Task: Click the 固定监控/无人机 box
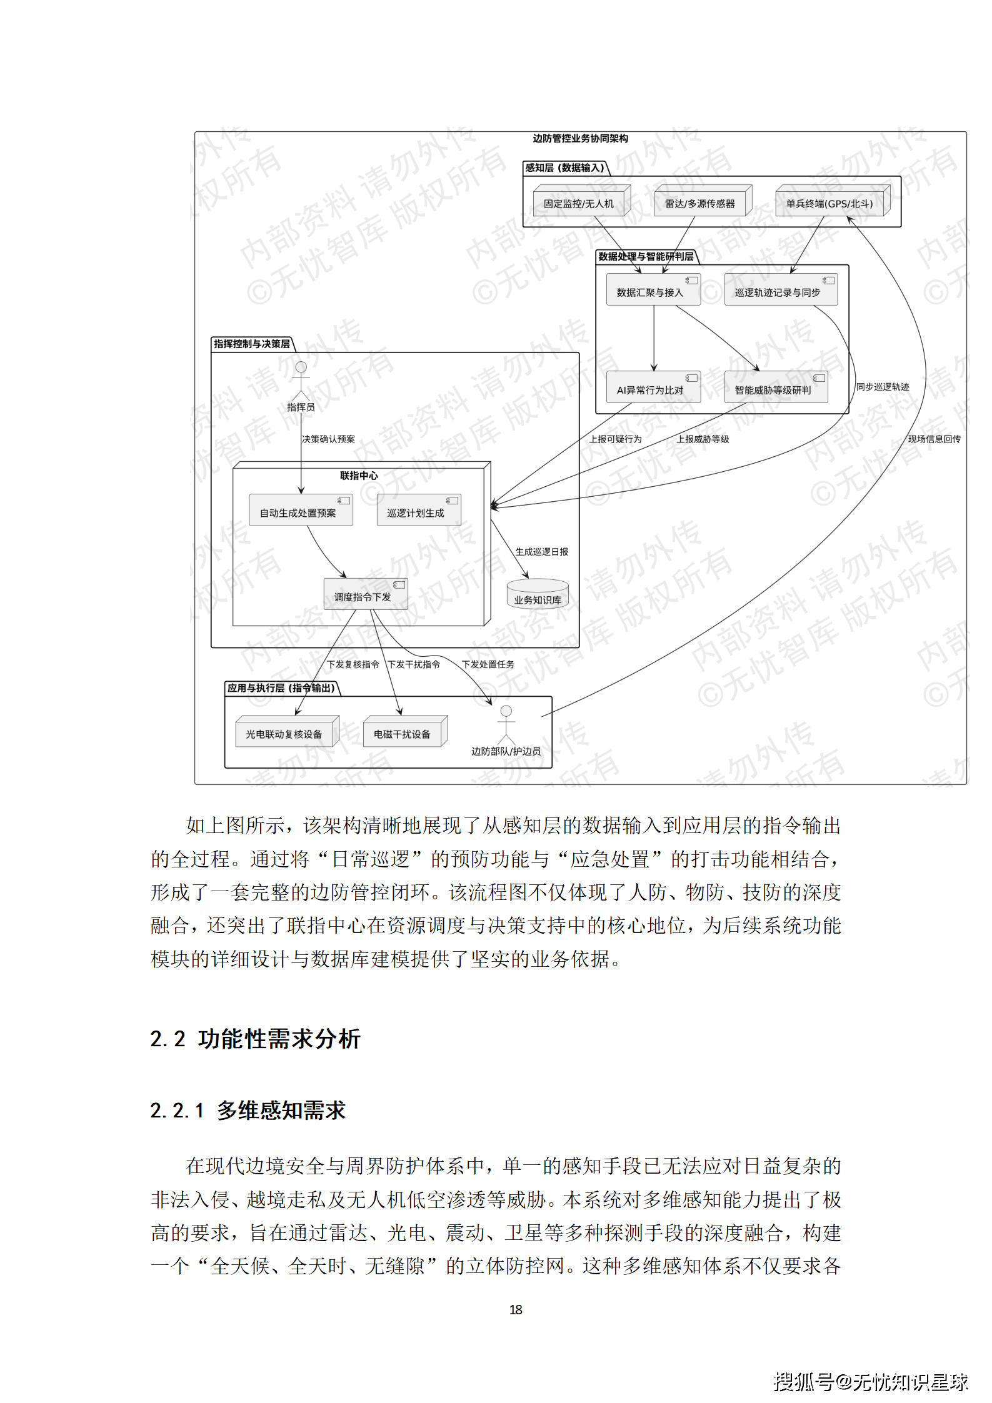[579, 204]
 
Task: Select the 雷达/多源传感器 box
[699, 204]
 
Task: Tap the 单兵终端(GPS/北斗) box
[829, 204]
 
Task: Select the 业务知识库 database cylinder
[538, 595]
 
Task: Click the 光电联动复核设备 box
[285, 734]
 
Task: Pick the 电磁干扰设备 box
[403, 734]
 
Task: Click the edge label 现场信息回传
[934, 439]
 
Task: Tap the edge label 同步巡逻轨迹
[882, 387]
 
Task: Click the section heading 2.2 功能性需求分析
[255, 1039]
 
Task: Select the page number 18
[516, 1309]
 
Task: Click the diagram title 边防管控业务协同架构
[580, 138]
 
